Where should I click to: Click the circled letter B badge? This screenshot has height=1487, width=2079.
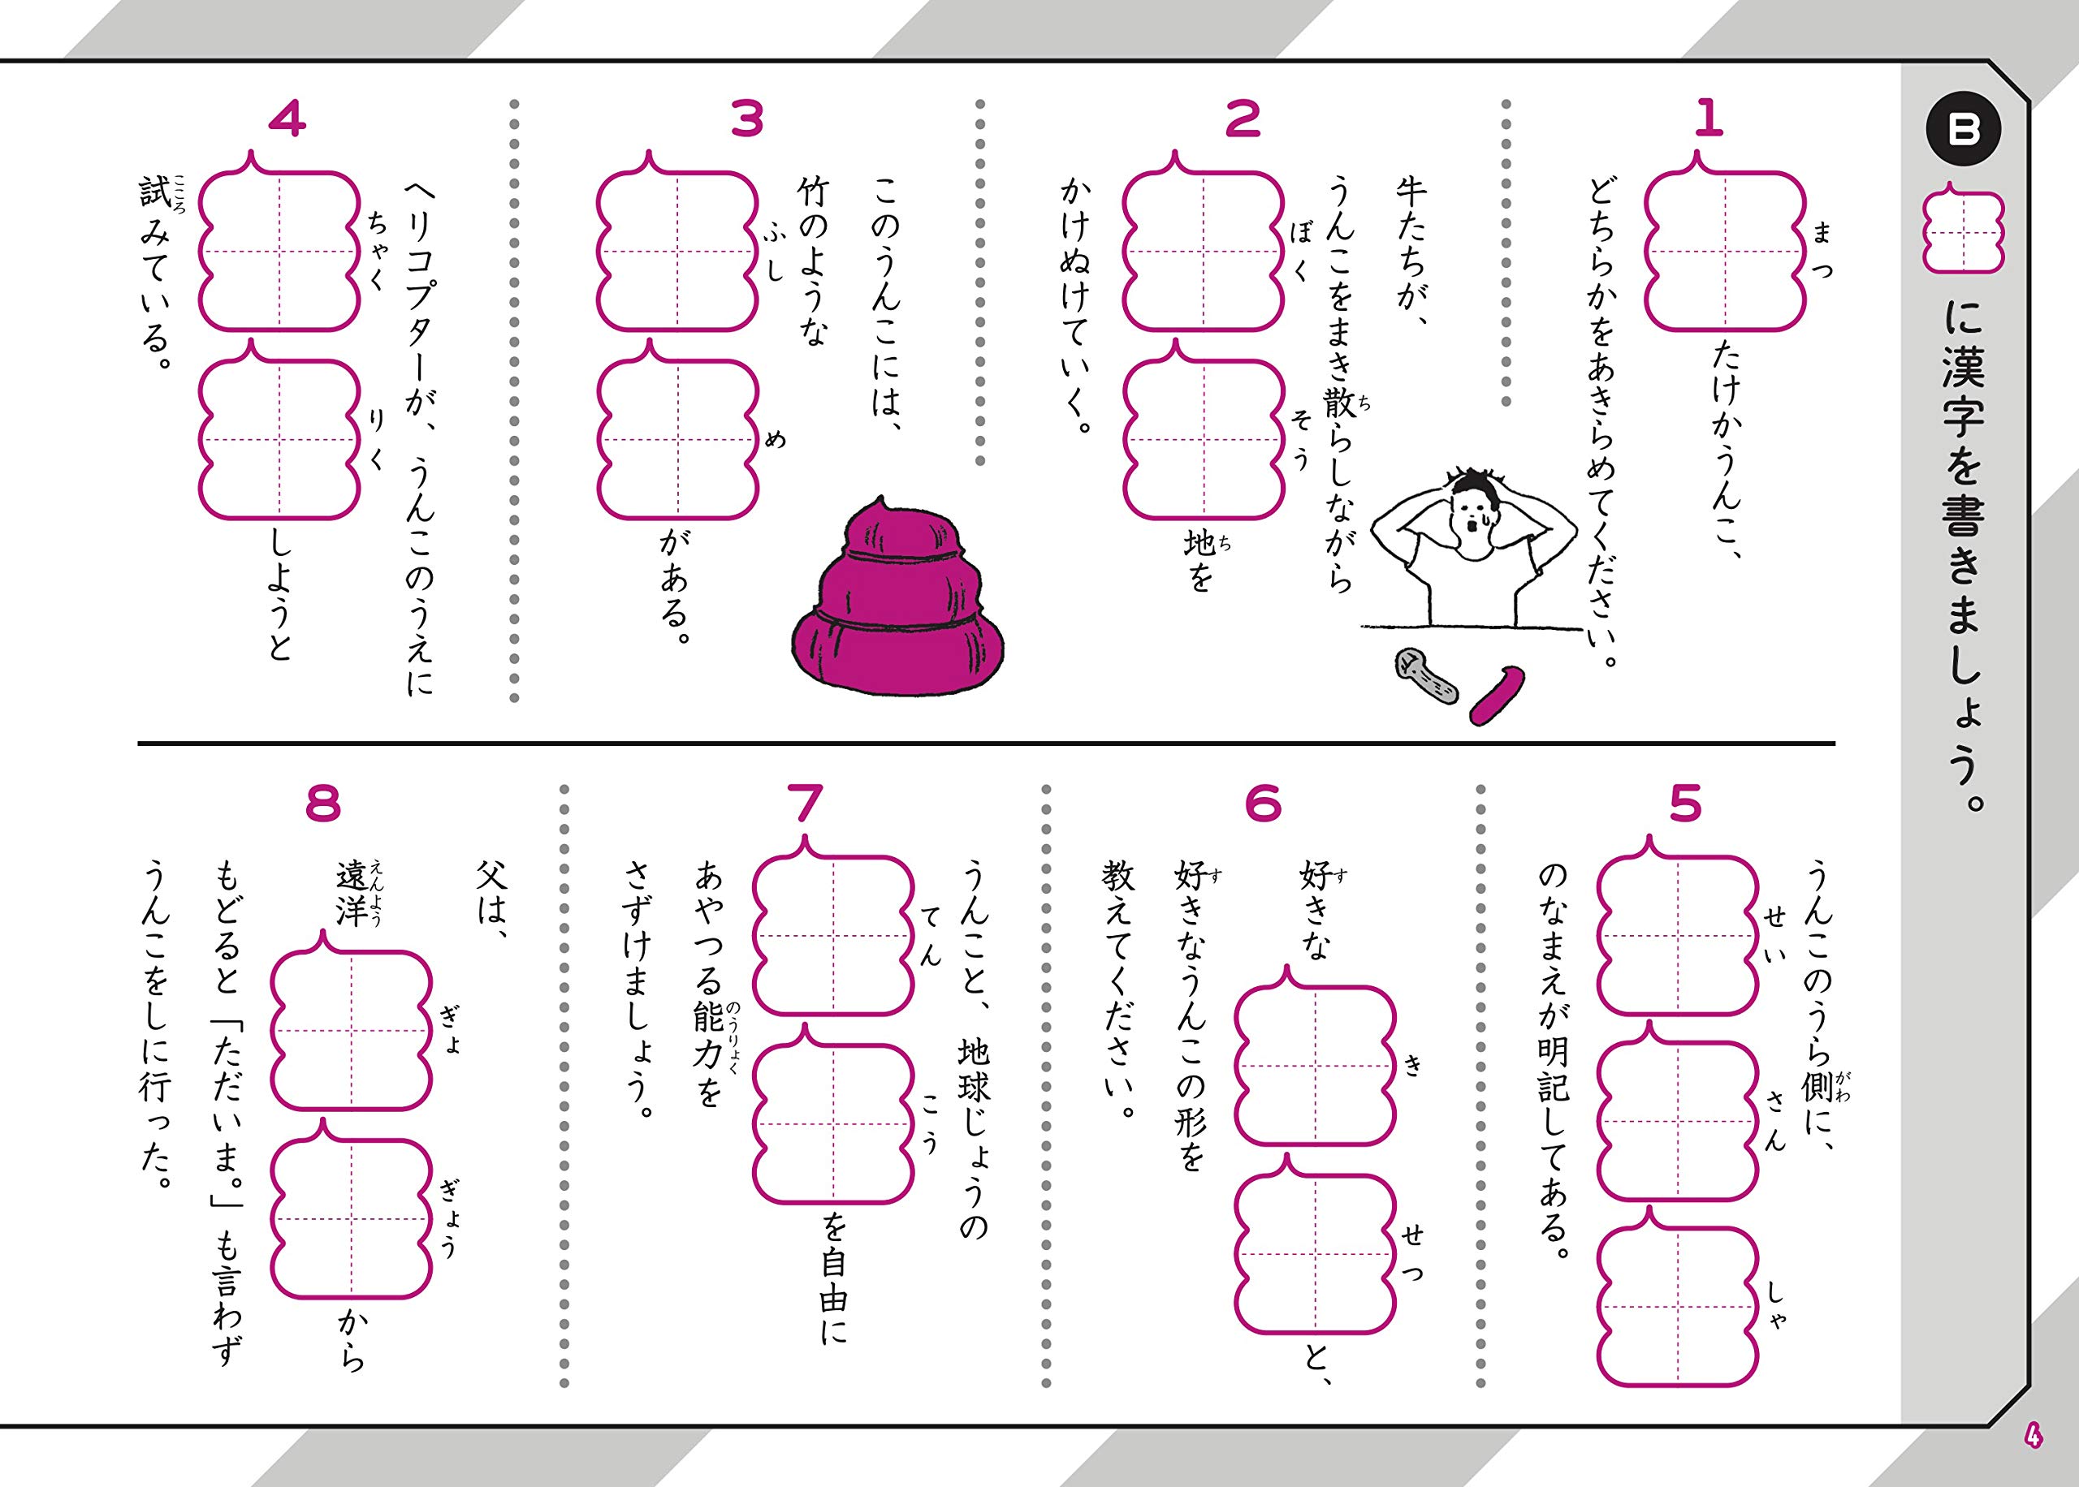click(1963, 131)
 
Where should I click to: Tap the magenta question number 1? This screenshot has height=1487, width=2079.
click(1707, 119)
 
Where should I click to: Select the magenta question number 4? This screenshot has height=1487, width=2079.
click(287, 119)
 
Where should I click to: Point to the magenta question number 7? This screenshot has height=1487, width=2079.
click(805, 804)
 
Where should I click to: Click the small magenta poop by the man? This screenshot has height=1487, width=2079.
click(1498, 696)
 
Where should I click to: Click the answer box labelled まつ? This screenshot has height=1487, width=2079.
click(1725, 251)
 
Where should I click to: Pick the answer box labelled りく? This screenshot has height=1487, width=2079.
click(279, 439)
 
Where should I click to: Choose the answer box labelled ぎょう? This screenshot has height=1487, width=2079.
click(352, 1220)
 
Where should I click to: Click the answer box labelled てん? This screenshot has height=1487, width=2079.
click(833, 936)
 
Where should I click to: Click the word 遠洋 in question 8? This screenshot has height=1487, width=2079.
click(352, 893)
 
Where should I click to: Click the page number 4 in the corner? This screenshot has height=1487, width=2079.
click(2034, 1437)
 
